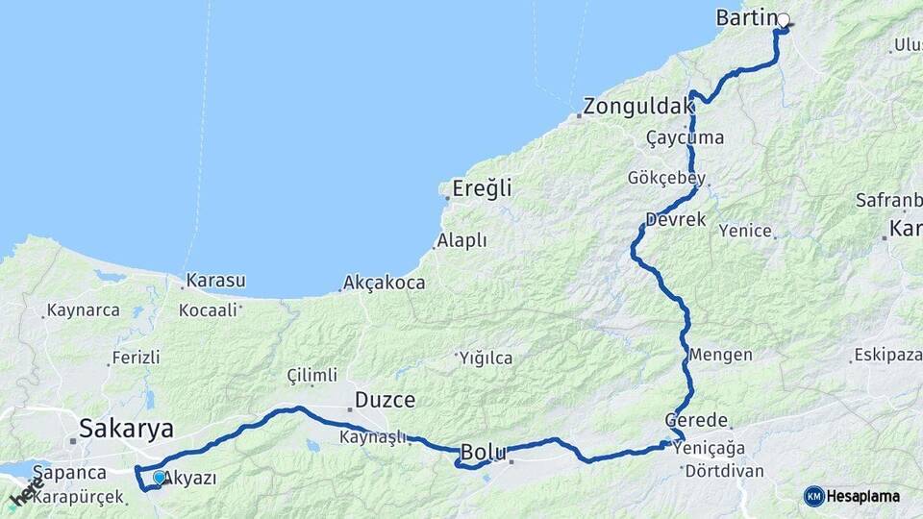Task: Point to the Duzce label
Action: point(385,399)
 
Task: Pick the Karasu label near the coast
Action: point(215,281)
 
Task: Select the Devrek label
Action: point(676,219)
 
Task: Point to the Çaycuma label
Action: point(685,138)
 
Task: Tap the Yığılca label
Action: point(486,358)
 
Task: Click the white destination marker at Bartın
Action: point(783,20)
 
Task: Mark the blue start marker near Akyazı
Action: point(159,476)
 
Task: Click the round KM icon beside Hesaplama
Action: point(813,495)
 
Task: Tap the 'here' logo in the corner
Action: point(23,495)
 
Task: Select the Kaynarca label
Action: point(83,310)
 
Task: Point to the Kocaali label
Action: point(208,310)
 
